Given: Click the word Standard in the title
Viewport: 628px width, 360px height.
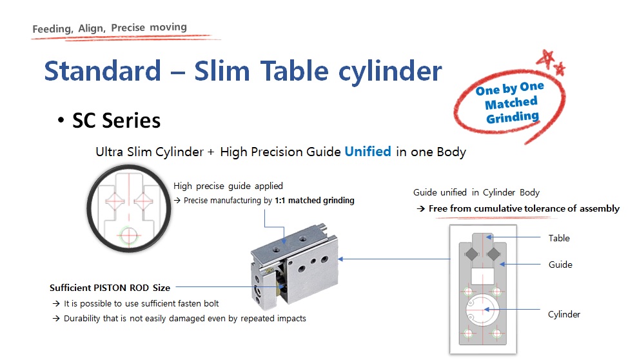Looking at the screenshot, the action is point(103,71).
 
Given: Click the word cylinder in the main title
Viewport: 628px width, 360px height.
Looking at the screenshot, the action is point(390,72).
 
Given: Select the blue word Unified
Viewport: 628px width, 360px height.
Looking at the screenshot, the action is point(368,152).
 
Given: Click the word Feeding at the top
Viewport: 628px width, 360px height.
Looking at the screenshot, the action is point(52,29).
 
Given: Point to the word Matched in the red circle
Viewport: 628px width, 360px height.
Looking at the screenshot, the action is point(511,103).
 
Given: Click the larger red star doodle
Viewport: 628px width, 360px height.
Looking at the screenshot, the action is point(545,59).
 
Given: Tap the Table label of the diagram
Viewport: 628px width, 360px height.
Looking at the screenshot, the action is point(559,238).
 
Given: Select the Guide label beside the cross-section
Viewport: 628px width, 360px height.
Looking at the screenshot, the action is point(560,265).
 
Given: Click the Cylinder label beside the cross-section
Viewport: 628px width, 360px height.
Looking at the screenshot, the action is point(564,314).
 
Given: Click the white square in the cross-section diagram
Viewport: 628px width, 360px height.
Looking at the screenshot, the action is point(483,276).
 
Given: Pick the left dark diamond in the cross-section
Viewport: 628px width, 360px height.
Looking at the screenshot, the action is point(472,254).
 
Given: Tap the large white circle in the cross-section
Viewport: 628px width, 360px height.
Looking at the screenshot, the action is point(483,310).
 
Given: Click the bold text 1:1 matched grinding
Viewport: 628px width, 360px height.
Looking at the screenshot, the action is point(315,201).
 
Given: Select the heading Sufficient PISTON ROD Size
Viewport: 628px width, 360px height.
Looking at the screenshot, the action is point(110,288).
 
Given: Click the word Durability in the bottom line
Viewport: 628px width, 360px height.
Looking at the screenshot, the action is point(82,318).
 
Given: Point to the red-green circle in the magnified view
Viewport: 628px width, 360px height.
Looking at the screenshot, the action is point(129,235).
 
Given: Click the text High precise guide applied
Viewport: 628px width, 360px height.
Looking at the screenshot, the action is point(228,186).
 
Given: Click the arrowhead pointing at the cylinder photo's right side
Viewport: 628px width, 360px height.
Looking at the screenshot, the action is point(340,259).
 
